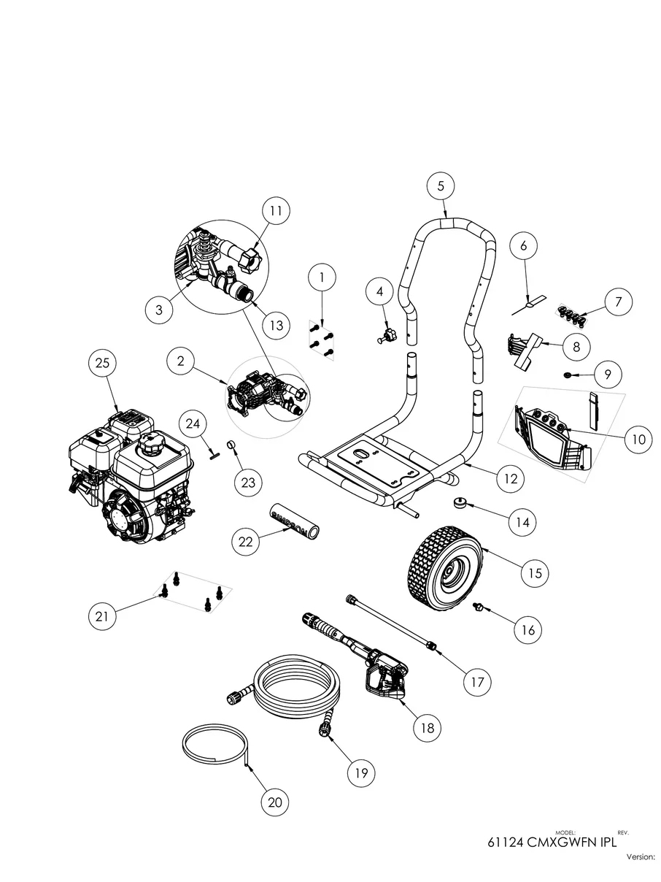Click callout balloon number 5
tap(441, 186)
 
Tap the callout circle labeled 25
tap(103, 363)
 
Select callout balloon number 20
tap(275, 802)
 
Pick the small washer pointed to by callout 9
tap(568, 375)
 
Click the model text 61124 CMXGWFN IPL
tap(552, 841)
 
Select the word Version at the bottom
tap(641, 857)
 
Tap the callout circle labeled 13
tap(275, 326)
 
